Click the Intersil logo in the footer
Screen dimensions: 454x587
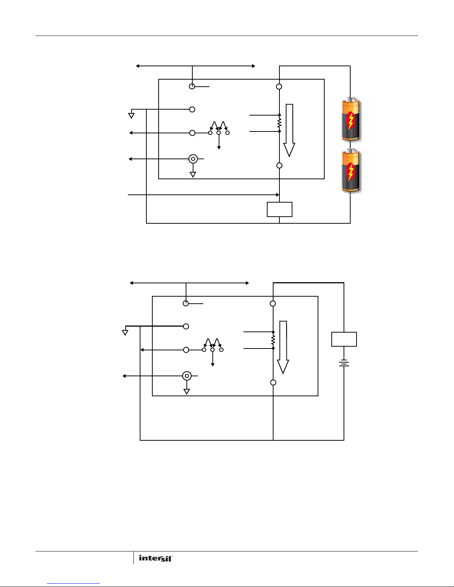point(156,558)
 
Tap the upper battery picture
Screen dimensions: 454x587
point(351,119)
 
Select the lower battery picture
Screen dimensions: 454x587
point(351,170)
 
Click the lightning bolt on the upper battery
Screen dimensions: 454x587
point(351,120)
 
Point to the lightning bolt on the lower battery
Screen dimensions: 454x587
point(351,171)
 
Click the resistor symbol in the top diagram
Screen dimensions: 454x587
point(279,123)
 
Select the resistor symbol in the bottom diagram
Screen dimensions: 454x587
point(273,340)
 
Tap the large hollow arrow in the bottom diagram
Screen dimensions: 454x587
point(283,347)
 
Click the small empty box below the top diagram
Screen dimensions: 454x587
point(279,209)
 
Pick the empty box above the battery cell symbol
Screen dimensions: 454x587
point(344,339)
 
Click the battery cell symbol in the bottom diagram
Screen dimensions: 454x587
point(344,363)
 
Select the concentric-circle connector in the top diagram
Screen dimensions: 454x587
point(193,159)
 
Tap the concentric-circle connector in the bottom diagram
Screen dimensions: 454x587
point(187,376)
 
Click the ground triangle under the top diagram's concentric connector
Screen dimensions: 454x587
point(193,175)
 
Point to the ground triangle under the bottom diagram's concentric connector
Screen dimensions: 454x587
point(186,392)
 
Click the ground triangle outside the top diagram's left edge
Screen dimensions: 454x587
point(131,116)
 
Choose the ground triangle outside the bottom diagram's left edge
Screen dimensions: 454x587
point(125,333)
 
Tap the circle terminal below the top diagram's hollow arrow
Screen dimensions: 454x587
point(279,166)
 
